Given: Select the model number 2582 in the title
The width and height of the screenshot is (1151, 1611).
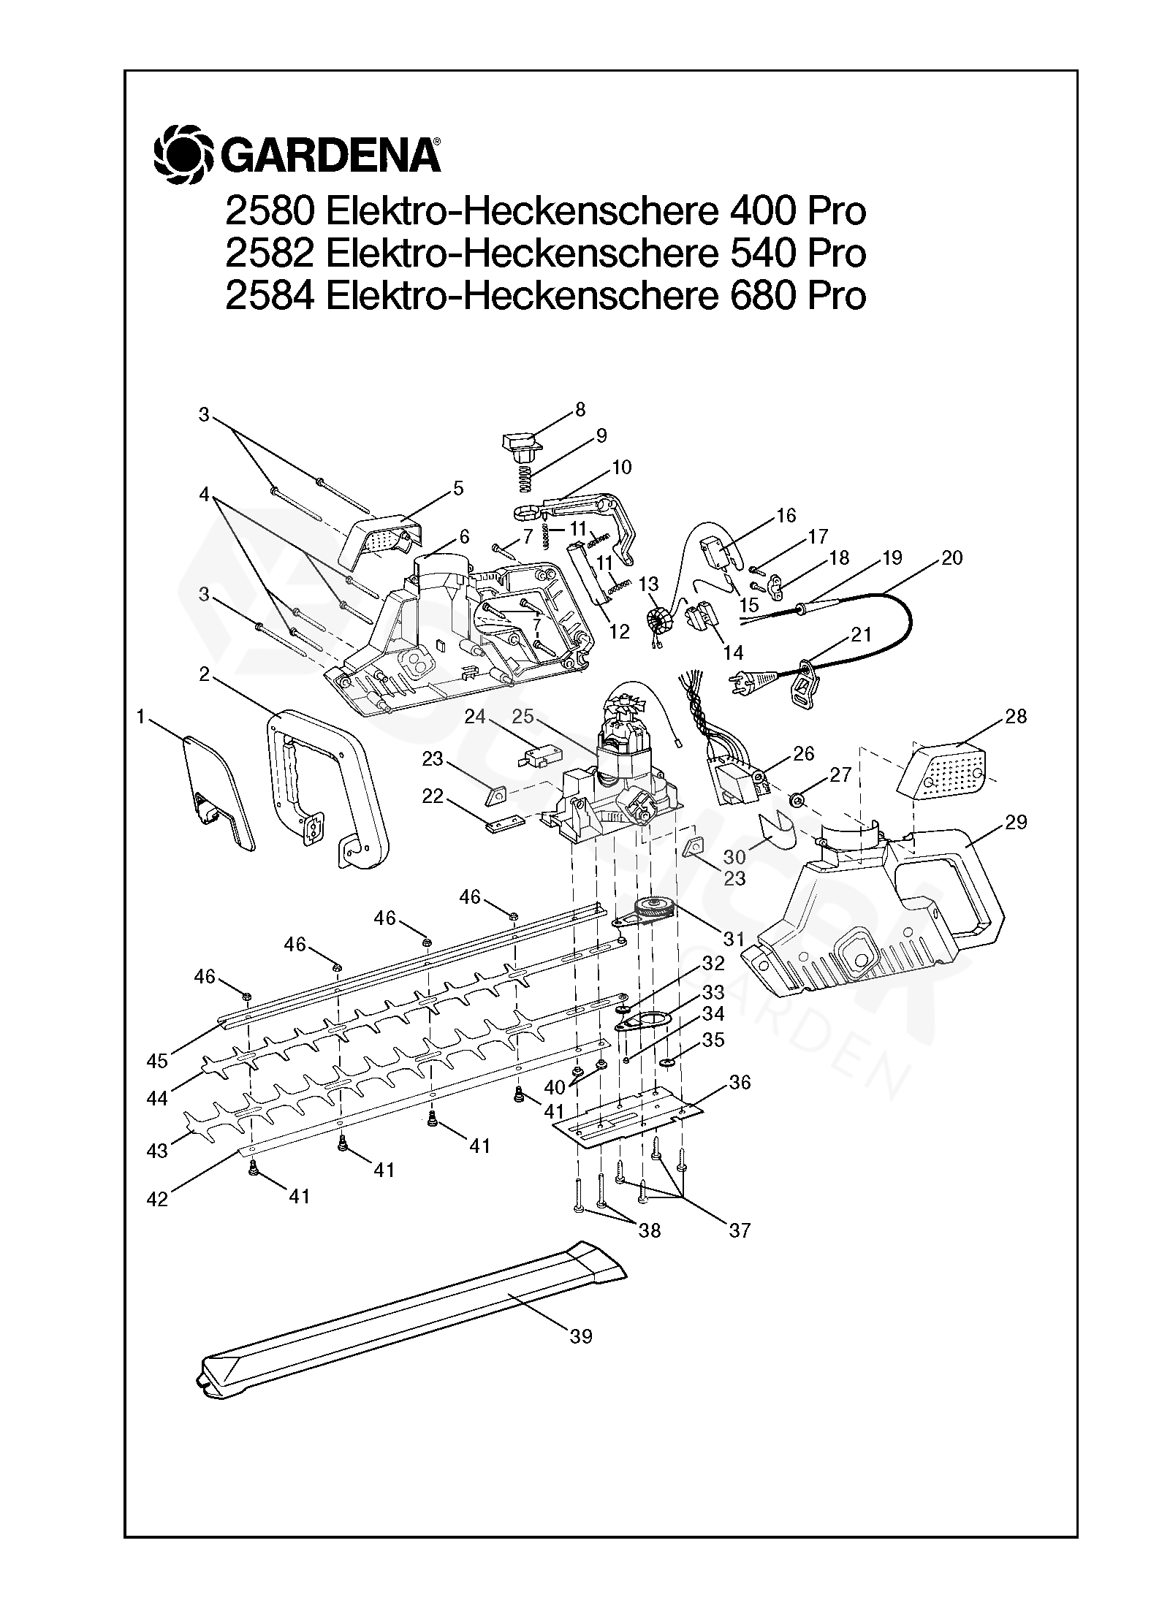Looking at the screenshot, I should (270, 254).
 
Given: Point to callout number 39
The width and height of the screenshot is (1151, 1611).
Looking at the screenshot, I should (581, 1336).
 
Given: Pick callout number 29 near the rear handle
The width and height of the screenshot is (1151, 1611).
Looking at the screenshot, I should (1016, 822).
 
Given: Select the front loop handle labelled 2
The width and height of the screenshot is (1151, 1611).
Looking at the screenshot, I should (325, 789).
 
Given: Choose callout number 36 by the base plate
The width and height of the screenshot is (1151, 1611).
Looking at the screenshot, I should (740, 1082).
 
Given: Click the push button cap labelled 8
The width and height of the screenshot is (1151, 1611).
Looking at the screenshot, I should (520, 443).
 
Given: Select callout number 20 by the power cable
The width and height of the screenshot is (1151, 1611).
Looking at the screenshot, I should (951, 557).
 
